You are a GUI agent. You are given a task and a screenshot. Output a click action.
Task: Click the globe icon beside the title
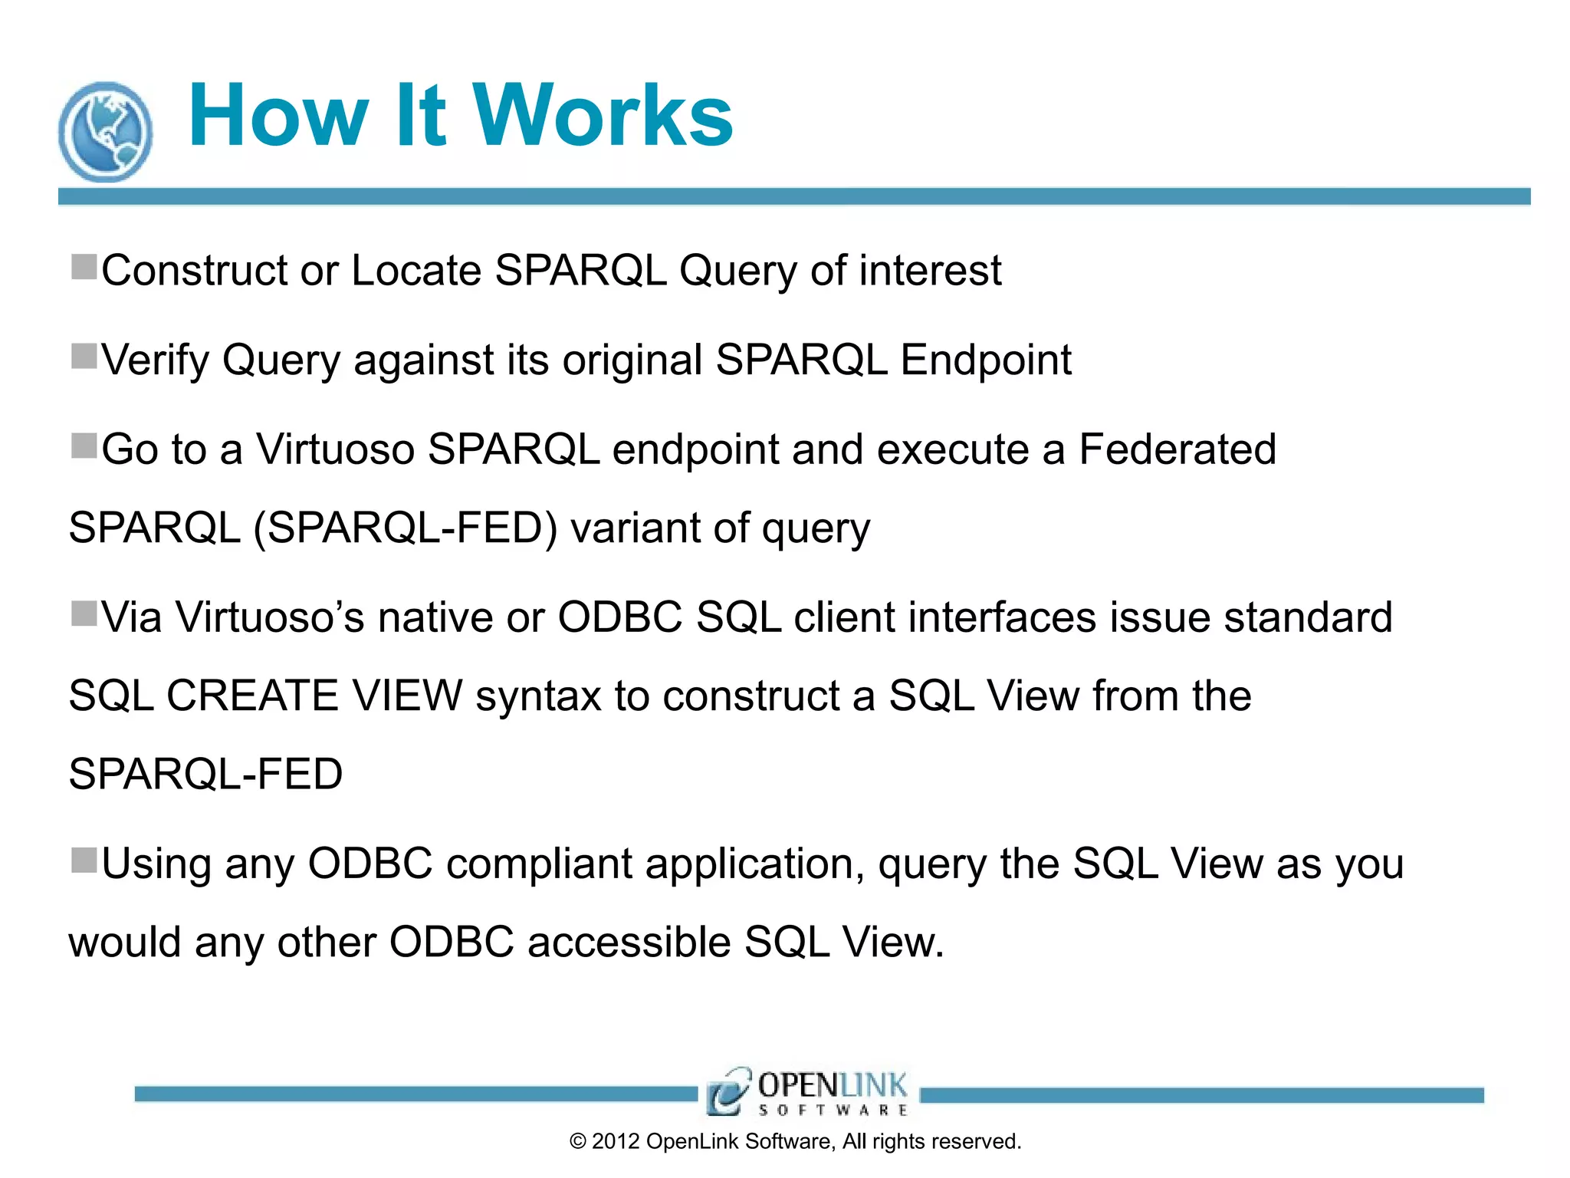[106, 132]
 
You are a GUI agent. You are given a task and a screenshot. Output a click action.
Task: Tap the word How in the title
[278, 116]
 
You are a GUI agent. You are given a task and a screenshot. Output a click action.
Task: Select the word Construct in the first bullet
[194, 271]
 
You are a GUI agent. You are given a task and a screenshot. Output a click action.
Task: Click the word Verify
[155, 360]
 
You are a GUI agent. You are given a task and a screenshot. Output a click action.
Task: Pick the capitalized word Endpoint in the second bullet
[985, 360]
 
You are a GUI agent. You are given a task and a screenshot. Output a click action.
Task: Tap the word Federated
[1177, 449]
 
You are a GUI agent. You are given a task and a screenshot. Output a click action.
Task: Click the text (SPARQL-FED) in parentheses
[406, 528]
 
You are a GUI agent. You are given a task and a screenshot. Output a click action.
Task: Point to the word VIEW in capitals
[407, 696]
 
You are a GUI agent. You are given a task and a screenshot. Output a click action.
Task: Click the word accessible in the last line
[629, 943]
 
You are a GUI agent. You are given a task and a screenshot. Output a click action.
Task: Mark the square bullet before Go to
[84, 446]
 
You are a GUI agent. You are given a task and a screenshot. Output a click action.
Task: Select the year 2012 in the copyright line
[616, 1142]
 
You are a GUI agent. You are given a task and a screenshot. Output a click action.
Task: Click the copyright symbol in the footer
[578, 1142]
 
